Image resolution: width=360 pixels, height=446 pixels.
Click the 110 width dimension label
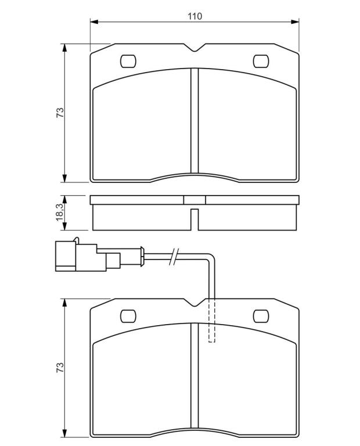coord(195,16)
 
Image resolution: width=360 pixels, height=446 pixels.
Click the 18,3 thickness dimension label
coord(60,212)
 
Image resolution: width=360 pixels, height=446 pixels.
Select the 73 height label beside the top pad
coord(60,113)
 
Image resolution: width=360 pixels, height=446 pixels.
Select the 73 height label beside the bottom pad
coord(60,368)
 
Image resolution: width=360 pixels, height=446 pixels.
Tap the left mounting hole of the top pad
coord(128,61)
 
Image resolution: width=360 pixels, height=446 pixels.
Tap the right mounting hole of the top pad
coord(261,61)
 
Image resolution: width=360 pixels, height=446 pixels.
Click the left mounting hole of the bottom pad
coord(128,316)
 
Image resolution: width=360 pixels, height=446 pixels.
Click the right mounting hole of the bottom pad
coord(261,316)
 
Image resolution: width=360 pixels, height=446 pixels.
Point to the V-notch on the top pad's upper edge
coord(195,48)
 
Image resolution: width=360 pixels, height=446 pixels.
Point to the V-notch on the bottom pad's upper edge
coord(195,303)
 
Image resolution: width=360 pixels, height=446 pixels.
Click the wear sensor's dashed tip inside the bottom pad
coord(212,321)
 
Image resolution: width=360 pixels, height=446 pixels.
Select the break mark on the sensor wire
coord(174,256)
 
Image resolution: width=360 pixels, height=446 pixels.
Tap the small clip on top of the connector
coord(76,240)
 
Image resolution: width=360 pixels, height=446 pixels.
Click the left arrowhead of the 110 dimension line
coord(94,22)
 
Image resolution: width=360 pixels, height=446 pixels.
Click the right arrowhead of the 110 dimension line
coord(295,22)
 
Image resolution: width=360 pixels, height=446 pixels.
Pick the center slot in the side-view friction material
coord(195,220)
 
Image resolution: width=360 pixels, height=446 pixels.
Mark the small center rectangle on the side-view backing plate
coord(195,200)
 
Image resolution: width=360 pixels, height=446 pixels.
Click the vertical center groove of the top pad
coord(195,120)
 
